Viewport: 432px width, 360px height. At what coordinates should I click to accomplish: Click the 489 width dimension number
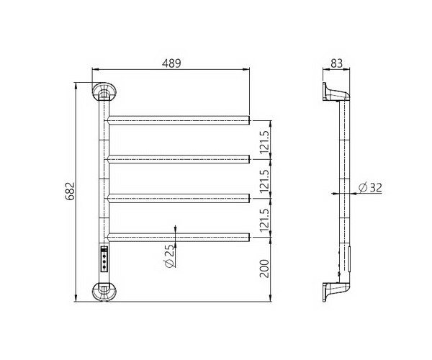(170, 63)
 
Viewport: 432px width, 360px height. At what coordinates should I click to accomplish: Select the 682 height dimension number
(70, 191)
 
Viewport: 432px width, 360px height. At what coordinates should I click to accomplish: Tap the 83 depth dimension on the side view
(336, 63)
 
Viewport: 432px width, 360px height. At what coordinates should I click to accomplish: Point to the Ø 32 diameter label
(369, 188)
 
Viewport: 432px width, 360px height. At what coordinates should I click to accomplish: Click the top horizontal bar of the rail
(179, 119)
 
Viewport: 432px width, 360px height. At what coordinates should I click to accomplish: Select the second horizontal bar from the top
(179, 158)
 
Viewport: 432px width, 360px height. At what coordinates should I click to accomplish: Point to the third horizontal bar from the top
(179, 197)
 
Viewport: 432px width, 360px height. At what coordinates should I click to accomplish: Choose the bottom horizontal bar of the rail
(179, 236)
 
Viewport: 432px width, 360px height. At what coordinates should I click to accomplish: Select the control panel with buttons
(104, 258)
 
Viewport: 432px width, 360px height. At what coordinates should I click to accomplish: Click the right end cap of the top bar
(249, 119)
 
